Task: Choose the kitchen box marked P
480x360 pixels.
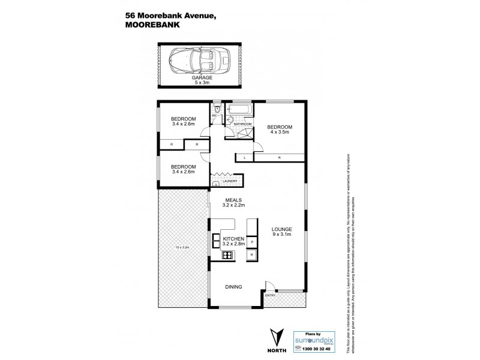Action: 252,242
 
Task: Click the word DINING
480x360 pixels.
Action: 233,287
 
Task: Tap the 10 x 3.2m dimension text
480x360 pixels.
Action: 182,247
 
